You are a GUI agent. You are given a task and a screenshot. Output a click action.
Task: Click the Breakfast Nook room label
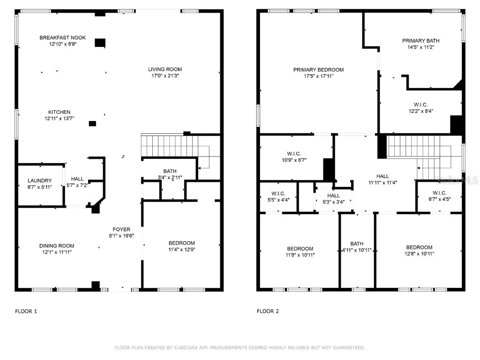58,37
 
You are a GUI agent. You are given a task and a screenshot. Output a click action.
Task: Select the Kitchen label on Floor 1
59,112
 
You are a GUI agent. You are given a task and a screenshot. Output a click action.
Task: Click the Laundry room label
39,180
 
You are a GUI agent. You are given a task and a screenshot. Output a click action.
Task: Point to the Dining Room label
56,246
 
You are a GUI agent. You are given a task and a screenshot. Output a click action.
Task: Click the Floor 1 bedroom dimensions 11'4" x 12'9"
181,249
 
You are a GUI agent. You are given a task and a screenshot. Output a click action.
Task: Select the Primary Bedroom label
318,70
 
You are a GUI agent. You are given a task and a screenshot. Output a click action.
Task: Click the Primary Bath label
420,41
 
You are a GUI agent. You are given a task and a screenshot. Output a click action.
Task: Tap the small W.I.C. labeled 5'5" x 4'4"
278,194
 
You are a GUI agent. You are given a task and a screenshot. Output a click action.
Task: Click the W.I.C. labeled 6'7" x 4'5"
439,193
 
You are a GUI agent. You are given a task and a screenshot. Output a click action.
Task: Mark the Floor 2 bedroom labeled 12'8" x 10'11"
419,247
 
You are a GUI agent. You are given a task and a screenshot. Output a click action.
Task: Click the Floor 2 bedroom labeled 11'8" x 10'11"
300,248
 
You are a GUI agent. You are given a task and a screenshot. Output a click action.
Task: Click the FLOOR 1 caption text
26,311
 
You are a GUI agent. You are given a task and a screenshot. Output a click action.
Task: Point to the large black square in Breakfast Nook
100,43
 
